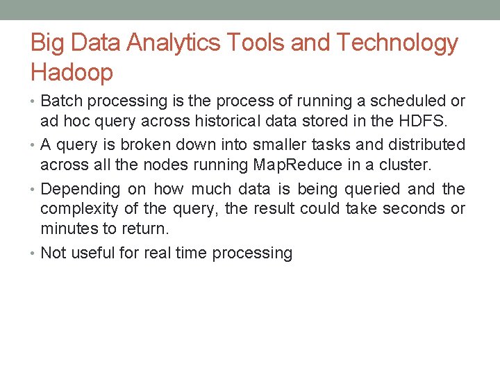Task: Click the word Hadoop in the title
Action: pyautogui.click(x=72, y=72)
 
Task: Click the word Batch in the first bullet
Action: pyautogui.click(x=61, y=101)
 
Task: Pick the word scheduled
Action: pyautogui.click(x=399, y=101)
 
